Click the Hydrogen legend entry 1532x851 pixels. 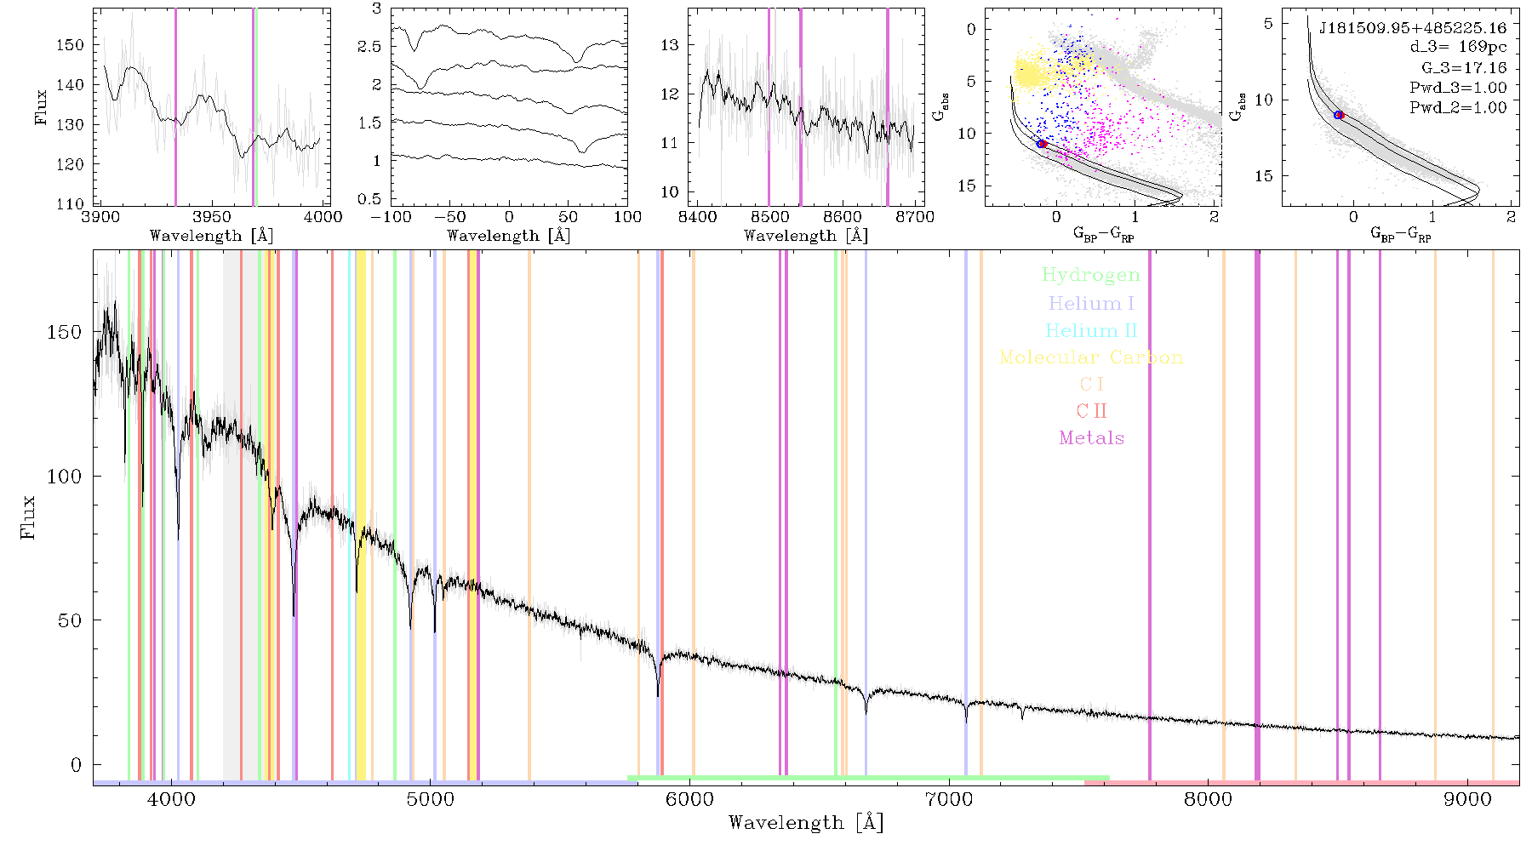pyautogui.click(x=1090, y=276)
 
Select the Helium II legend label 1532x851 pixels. pyautogui.click(x=1091, y=330)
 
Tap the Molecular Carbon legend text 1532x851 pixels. pyautogui.click(x=1091, y=357)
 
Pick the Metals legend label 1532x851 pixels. pyautogui.click(x=1092, y=437)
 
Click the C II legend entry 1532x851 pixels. pyautogui.click(x=1092, y=411)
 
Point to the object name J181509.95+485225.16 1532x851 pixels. pyautogui.click(x=1413, y=28)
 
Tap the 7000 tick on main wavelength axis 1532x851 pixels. pyautogui.click(x=949, y=799)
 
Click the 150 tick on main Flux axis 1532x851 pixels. pyautogui.click(x=65, y=332)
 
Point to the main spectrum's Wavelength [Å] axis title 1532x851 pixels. pyautogui.click(x=806, y=823)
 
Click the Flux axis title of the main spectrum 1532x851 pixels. pyautogui.click(x=28, y=517)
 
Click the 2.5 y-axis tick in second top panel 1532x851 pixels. pyautogui.click(x=369, y=47)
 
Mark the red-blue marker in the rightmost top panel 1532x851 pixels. pyautogui.click(x=1339, y=115)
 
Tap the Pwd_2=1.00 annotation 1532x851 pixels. pyautogui.click(x=1458, y=108)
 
